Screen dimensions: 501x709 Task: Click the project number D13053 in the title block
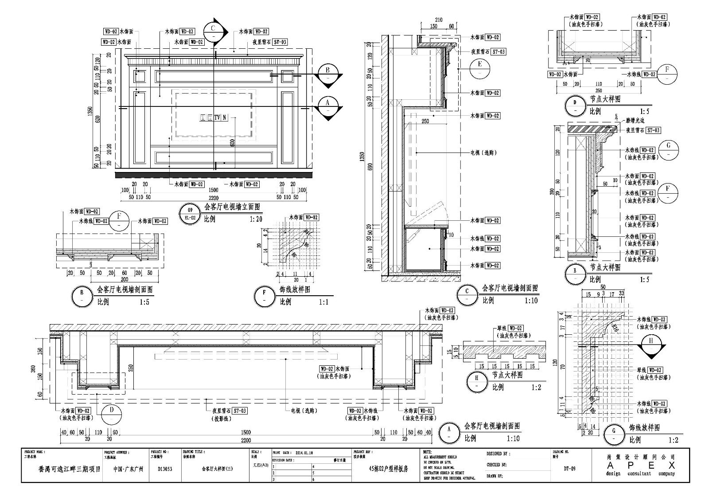[164, 468]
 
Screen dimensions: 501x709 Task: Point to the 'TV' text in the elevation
[217, 117]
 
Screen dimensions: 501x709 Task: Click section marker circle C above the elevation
[213, 29]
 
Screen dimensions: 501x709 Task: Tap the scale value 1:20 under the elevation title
[256, 219]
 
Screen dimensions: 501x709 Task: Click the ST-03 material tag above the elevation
[280, 42]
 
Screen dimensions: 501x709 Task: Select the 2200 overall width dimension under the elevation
[214, 198]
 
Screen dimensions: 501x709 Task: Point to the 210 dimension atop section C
[439, 20]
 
